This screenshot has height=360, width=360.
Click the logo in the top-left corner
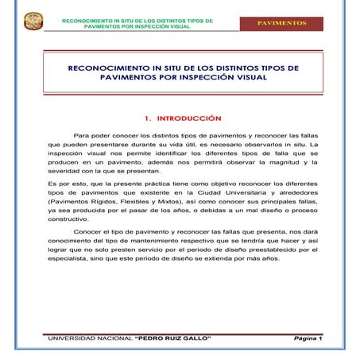point(33,21)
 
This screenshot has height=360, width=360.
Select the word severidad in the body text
point(63,171)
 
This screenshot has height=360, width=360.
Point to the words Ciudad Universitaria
point(233,193)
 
